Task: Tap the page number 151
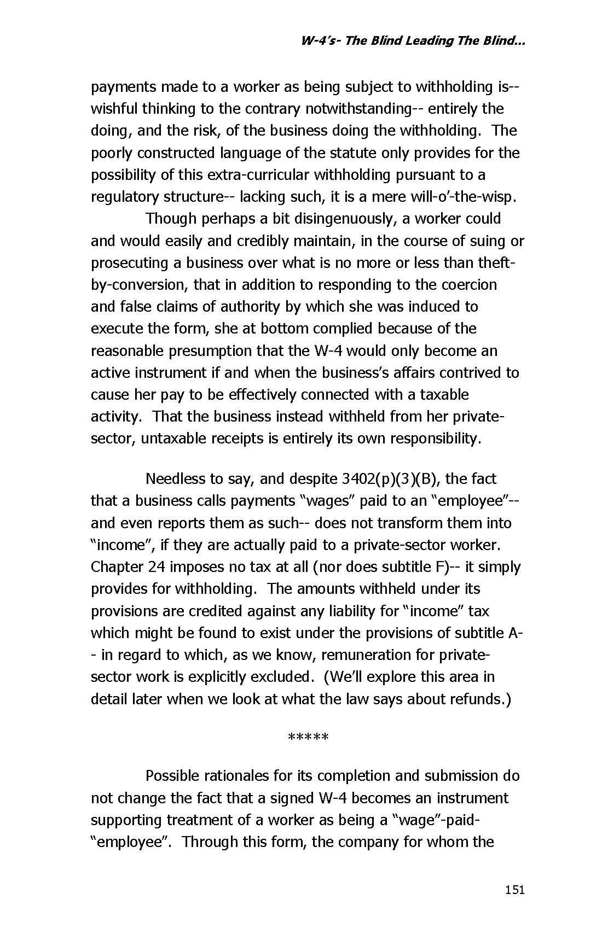click(514, 890)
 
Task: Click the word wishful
click(114, 108)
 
